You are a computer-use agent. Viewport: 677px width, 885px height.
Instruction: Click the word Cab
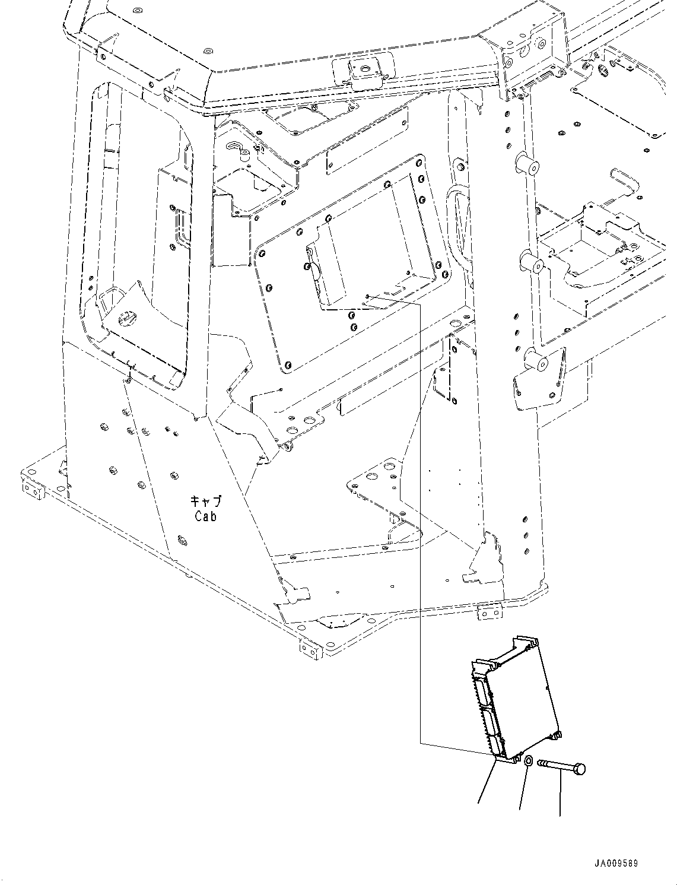point(206,516)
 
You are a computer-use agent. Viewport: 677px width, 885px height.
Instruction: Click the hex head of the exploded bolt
point(580,769)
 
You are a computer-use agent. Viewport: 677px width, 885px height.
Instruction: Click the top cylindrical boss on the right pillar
point(527,164)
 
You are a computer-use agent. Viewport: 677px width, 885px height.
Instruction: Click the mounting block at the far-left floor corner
point(33,490)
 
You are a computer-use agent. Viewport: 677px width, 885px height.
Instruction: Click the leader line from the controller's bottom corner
point(485,784)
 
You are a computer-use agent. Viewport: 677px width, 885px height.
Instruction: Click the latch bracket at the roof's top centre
point(363,69)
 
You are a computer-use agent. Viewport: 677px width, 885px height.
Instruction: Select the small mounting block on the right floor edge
point(488,613)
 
